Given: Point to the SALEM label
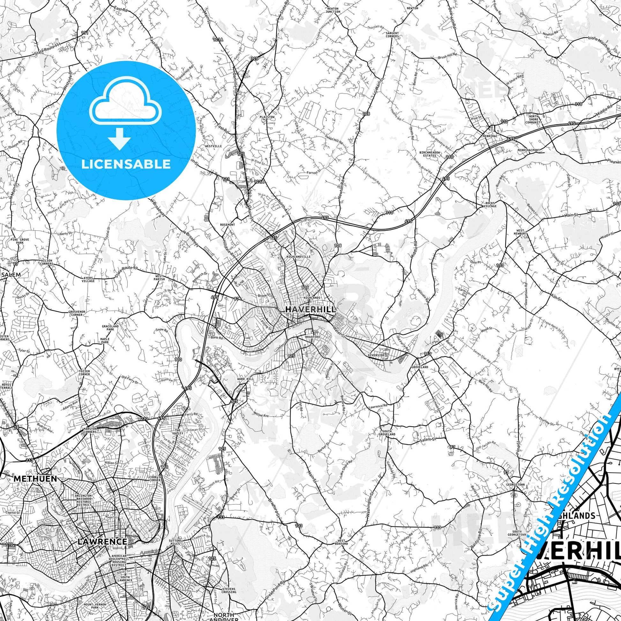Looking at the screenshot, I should (x=11, y=274).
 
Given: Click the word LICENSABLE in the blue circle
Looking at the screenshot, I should (x=126, y=164).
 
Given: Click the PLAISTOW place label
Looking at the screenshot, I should (x=267, y=117).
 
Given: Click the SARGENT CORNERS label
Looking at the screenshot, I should (x=392, y=35).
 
